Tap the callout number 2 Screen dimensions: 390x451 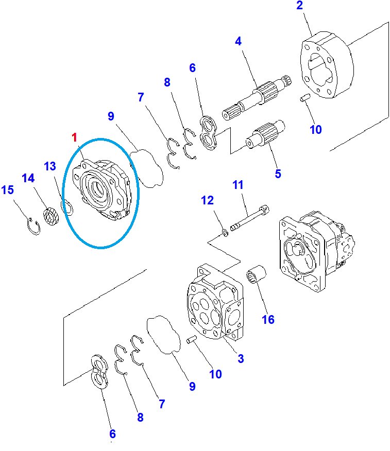pos(300,5)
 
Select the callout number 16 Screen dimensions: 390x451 pos(268,319)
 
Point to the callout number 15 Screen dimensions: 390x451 pos(8,190)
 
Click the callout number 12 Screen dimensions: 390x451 pos(207,200)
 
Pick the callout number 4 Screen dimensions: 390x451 pos(238,41)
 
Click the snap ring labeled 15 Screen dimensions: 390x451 pos(33,227)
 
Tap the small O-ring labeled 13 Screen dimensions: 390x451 pos(67,207)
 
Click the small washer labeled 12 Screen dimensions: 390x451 pos(225,232)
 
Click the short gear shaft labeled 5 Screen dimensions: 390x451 pos(265,134)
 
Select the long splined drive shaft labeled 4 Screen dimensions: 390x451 pos(257,97)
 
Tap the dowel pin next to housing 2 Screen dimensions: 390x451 pos(304,97)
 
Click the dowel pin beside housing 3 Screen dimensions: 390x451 pos(192,339)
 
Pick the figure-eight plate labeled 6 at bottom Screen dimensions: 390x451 pos(99,372)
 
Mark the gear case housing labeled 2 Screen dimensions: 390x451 pos(327,65)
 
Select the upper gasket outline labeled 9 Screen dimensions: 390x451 pos(146,168)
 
